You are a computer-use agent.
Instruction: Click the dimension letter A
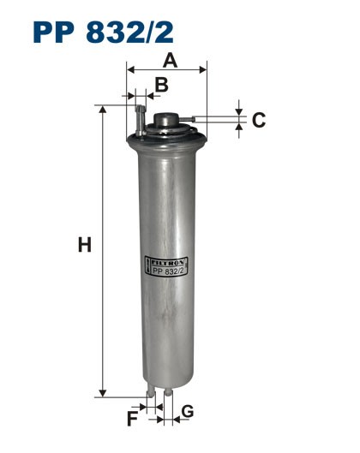pos(171,60)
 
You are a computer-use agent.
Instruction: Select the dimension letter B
pos(161,84)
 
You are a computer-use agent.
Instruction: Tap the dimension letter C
pos(258,120)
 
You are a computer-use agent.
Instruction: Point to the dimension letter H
pos(84,246)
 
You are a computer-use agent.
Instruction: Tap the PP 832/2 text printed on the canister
pos(170,273)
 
